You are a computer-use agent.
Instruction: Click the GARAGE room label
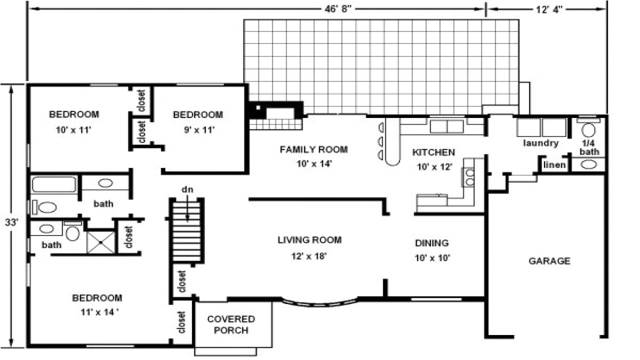(549, 261)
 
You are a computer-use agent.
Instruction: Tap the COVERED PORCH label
(231, 324)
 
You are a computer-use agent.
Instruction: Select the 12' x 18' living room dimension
(309, 256)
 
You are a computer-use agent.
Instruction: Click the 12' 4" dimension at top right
(546, 9)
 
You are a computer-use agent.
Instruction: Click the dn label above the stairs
(187, 189)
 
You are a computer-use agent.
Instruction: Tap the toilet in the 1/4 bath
(589, 130)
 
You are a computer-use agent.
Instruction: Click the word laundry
(540, 143)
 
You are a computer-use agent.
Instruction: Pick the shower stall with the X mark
(100, 242)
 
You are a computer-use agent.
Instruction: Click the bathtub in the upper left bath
(54, 184)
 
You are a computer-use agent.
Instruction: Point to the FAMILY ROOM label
(313, 149)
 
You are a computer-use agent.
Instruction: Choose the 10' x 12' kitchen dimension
(434, 167)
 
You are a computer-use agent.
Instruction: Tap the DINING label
(431, 243)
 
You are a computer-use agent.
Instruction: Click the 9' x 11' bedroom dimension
(197, 130)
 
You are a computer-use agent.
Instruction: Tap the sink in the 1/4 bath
(589, 164)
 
